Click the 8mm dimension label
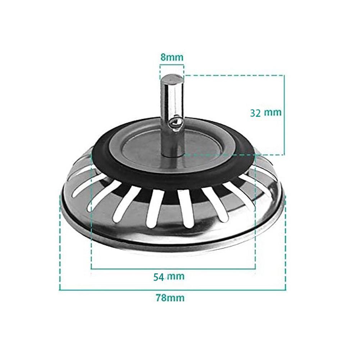(172, 57)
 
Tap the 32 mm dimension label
(266, 112)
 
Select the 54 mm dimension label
(169, 277)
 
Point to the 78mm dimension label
(170, 298)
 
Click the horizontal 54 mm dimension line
(173, 269)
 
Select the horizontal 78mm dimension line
(173, 290)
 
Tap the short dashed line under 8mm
(172, 65)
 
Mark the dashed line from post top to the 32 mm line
(234, 75)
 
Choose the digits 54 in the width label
(159, 277)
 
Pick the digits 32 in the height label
(256, 112)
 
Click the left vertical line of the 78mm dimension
(59, 245)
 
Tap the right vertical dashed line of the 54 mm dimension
(255, 216)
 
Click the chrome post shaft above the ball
(170, 97)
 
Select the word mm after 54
(176, 277)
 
